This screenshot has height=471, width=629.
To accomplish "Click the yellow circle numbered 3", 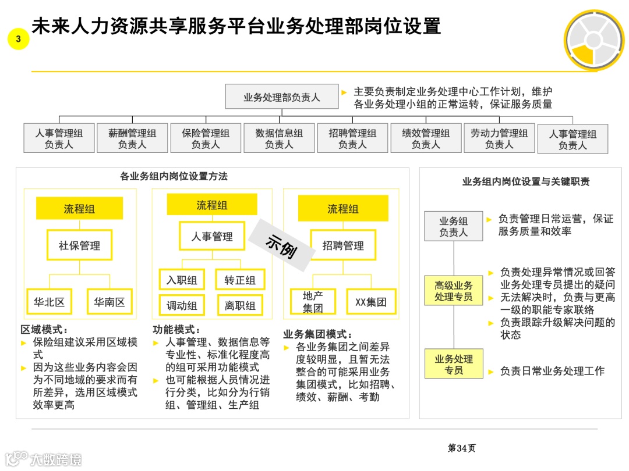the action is [x=19, y=39].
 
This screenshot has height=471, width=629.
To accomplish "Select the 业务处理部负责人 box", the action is [x=281, y=97].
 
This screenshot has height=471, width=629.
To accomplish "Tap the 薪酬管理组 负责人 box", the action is [x=132, y=138].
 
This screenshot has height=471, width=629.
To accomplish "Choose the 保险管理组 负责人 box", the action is [x=206, y=138].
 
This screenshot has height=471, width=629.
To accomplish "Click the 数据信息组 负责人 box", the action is [x=279, y=138].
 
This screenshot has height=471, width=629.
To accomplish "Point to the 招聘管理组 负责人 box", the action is [x=352, y=138].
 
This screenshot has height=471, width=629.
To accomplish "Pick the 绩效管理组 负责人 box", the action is [x=426, y=138].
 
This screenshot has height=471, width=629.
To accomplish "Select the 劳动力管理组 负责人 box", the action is [x=499, y=138].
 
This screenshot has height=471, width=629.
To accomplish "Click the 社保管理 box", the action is [x=79, y=245].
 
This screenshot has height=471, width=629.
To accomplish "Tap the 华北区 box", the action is [x=49, y=302].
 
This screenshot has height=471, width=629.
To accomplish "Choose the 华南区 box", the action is [x=109, y=302].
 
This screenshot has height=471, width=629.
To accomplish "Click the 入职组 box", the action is [x=182, y=280].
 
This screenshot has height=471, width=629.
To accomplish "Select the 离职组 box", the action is [x=240, y=305].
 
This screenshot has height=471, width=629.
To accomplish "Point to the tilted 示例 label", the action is [x=282, y=246].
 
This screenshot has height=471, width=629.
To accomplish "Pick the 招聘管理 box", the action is [x=343, y=245].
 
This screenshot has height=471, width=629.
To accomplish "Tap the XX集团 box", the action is [x=371, y=302].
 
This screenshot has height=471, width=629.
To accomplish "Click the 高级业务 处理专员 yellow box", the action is [x=454, y=291].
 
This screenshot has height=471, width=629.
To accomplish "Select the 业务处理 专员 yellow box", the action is [x=454, y=365].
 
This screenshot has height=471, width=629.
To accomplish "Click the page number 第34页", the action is [x=461, y=448].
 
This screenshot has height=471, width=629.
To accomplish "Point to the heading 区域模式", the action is [x=44, y=330].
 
